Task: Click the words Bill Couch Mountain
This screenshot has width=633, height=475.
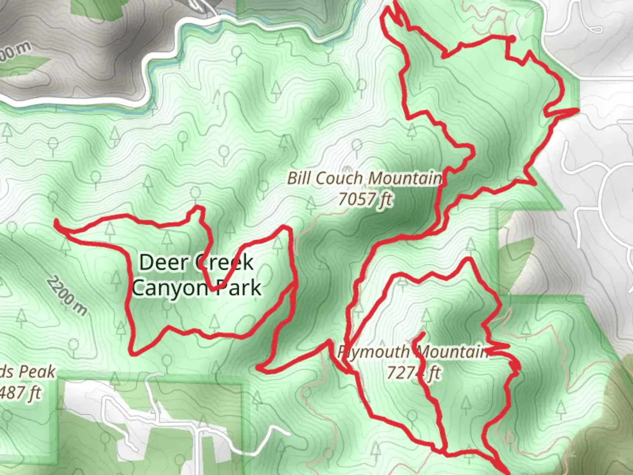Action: [364, 179]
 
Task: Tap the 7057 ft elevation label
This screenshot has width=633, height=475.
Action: [364, 199]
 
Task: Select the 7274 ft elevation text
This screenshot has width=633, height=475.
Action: [413, 373]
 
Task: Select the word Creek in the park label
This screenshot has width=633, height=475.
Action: [224, 263]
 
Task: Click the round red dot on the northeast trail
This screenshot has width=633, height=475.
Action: [512, 39]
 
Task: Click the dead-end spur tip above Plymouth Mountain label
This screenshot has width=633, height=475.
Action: [422, 334]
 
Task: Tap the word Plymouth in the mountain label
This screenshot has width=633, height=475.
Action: [374, 352]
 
